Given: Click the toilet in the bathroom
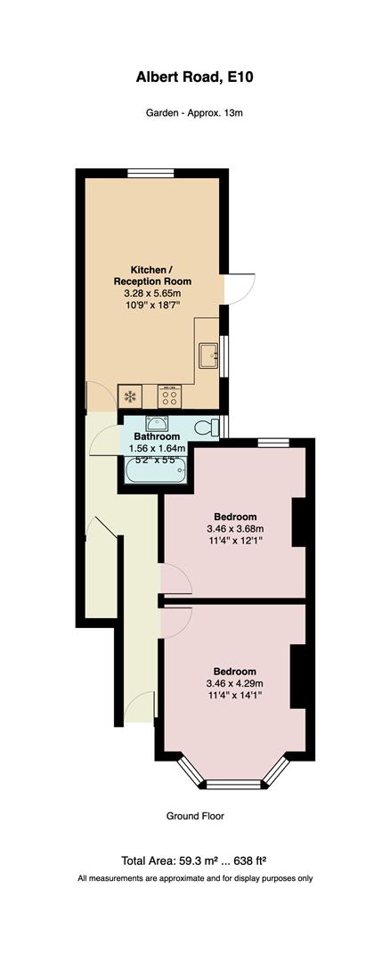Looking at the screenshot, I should (x=207, y=428).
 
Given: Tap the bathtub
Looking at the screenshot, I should (x=156, y=473).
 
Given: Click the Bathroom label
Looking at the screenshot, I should (x=157, y=437).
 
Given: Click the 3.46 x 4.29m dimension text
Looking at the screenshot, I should (x=235, y=683).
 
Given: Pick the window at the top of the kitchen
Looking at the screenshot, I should (x=150, y=174).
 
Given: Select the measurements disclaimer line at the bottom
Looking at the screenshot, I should (x=195, y=878).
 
